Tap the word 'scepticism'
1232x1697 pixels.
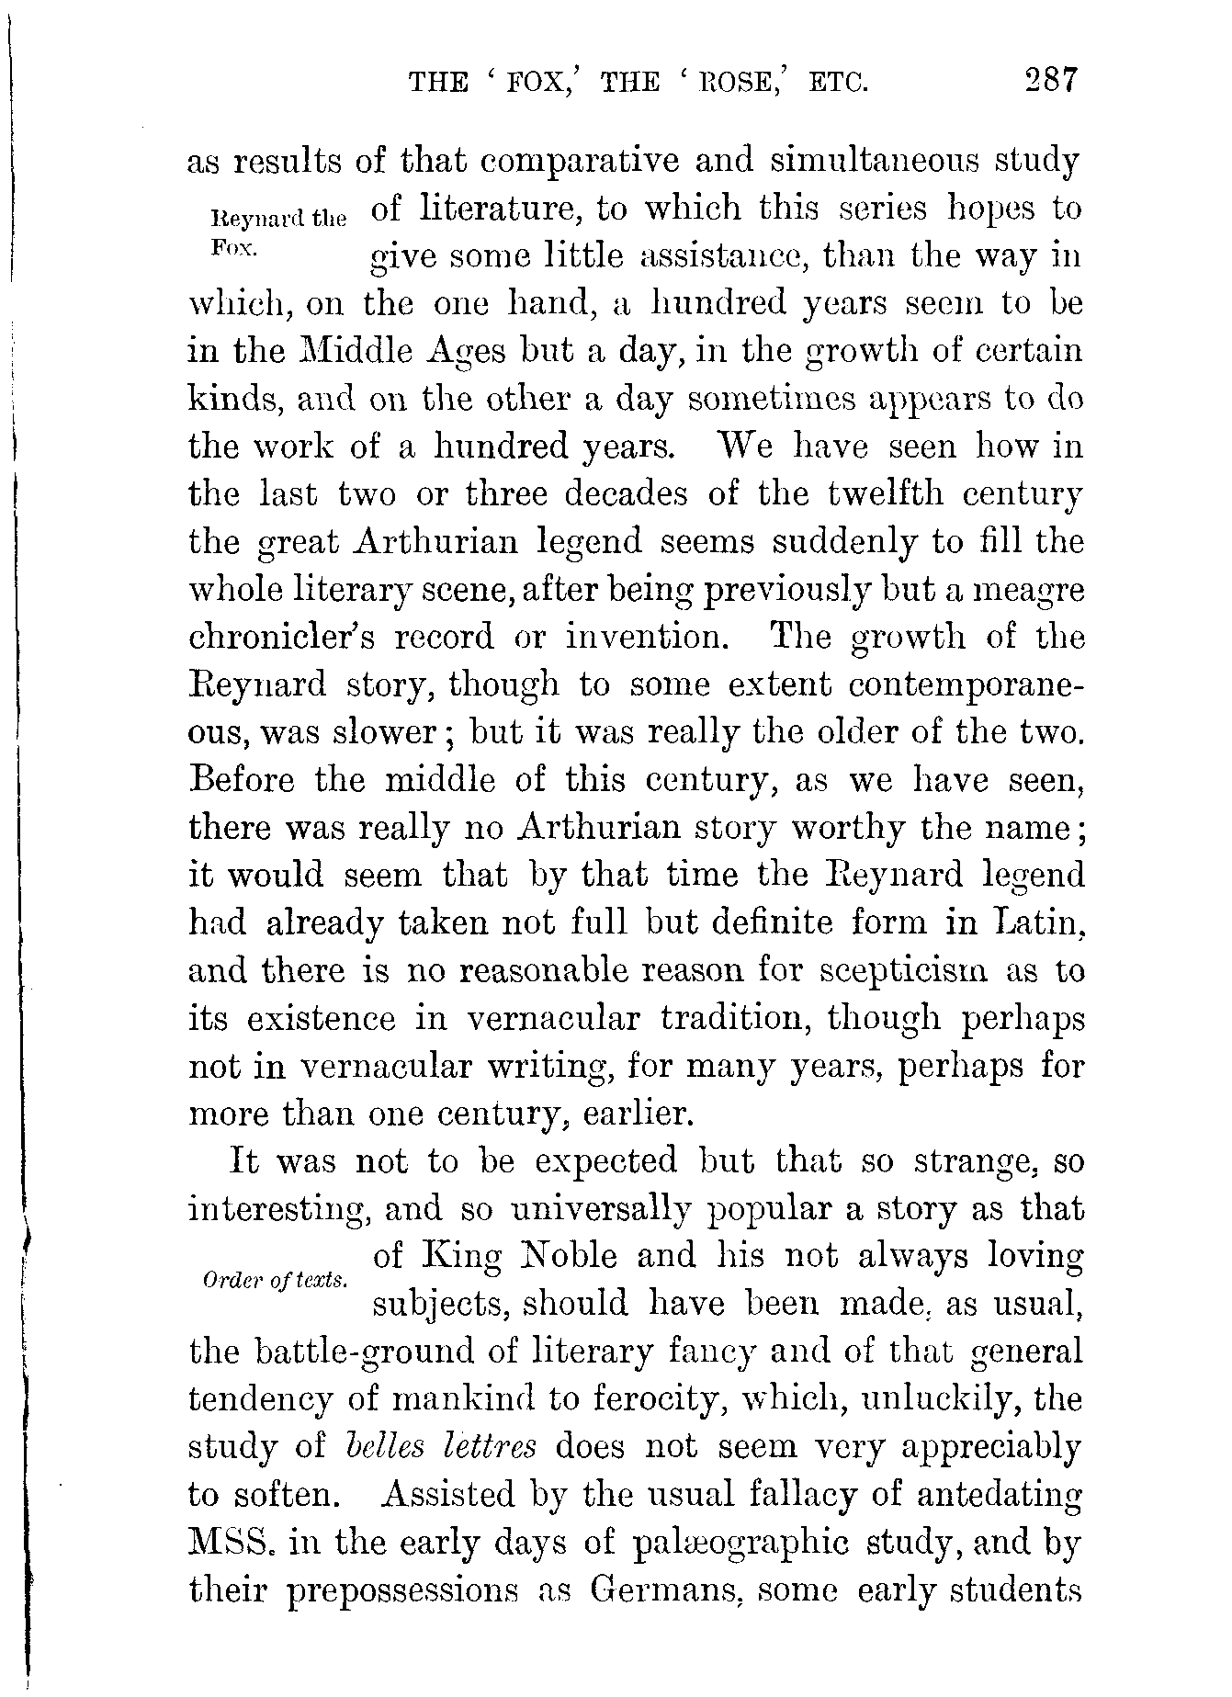(x=890, y=971)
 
